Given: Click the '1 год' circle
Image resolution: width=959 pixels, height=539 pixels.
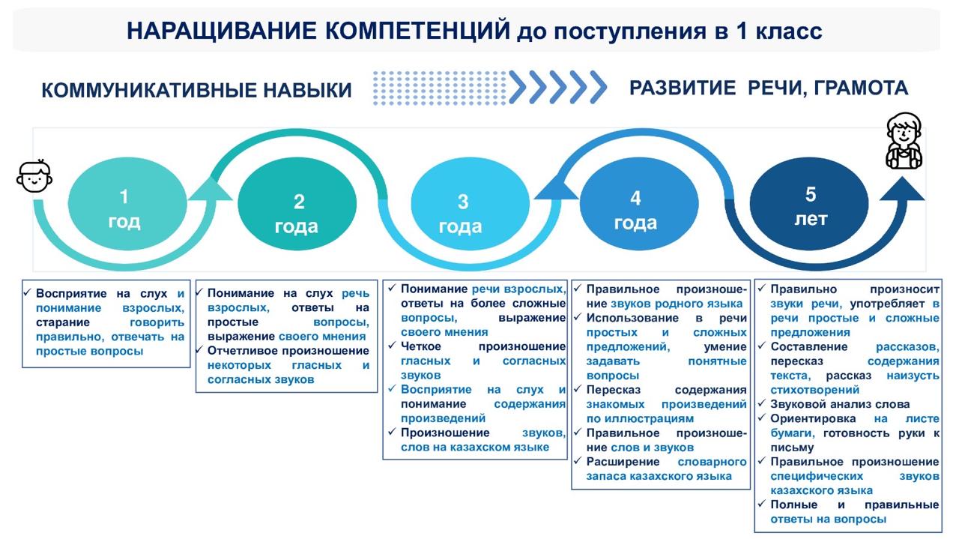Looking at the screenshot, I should (124, 208).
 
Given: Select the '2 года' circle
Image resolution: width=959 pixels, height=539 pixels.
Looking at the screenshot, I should (297, 212).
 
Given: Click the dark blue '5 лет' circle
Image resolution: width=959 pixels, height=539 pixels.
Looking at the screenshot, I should (811, 206).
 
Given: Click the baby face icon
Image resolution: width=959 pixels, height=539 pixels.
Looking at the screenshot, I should (34, 176).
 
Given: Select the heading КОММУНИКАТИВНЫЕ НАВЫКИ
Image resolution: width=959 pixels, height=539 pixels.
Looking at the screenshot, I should (196, 91).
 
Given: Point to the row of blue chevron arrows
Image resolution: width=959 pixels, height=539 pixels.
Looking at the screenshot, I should (557, 87).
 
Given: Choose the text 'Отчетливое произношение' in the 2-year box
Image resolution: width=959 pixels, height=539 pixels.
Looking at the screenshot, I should (288, 351).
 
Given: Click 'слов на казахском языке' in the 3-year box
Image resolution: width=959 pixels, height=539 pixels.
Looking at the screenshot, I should (475, 447).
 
